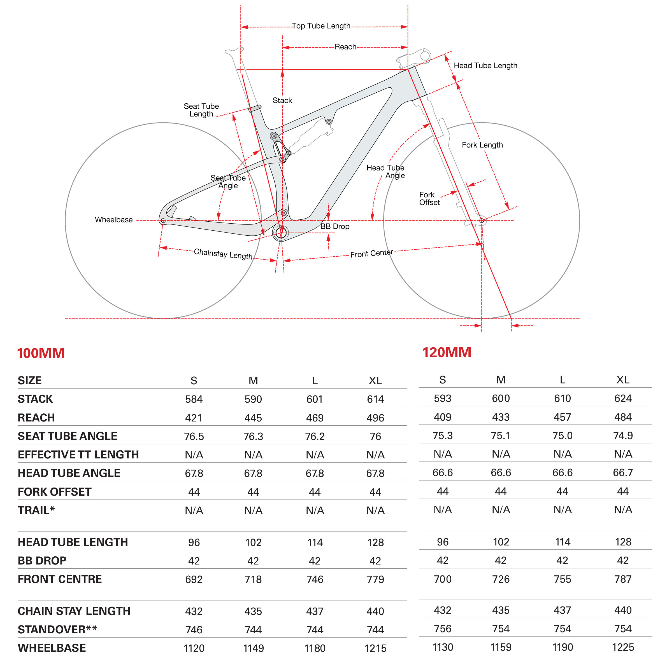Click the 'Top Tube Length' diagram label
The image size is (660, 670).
(x=321, y=26)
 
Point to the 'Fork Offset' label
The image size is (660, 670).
(x=429, y=198)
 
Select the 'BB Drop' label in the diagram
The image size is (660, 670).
(x=334, y=226)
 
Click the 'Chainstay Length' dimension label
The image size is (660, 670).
(x=223, y=254)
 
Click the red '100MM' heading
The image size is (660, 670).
(x=41, y=353)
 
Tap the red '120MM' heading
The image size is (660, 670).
(x=447, y=352)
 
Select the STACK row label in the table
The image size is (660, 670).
(x=35, y=399)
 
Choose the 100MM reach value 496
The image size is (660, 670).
(x=375, y=418)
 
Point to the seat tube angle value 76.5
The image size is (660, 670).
(x=194, y=436)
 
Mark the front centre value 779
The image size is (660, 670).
(x=375, y=579)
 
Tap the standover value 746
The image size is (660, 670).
(x=194, y=629)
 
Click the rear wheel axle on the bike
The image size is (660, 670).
(x=163, y=221)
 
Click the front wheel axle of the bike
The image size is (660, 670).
(x=482, y=221)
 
